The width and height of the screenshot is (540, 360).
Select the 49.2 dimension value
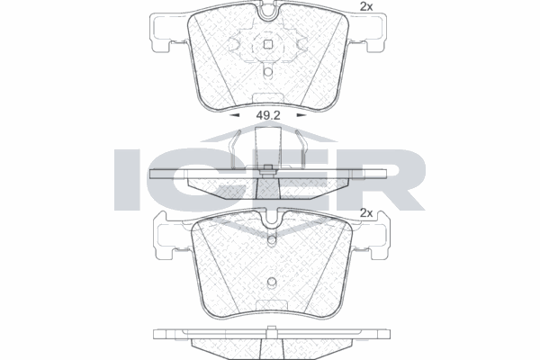(267, 115)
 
